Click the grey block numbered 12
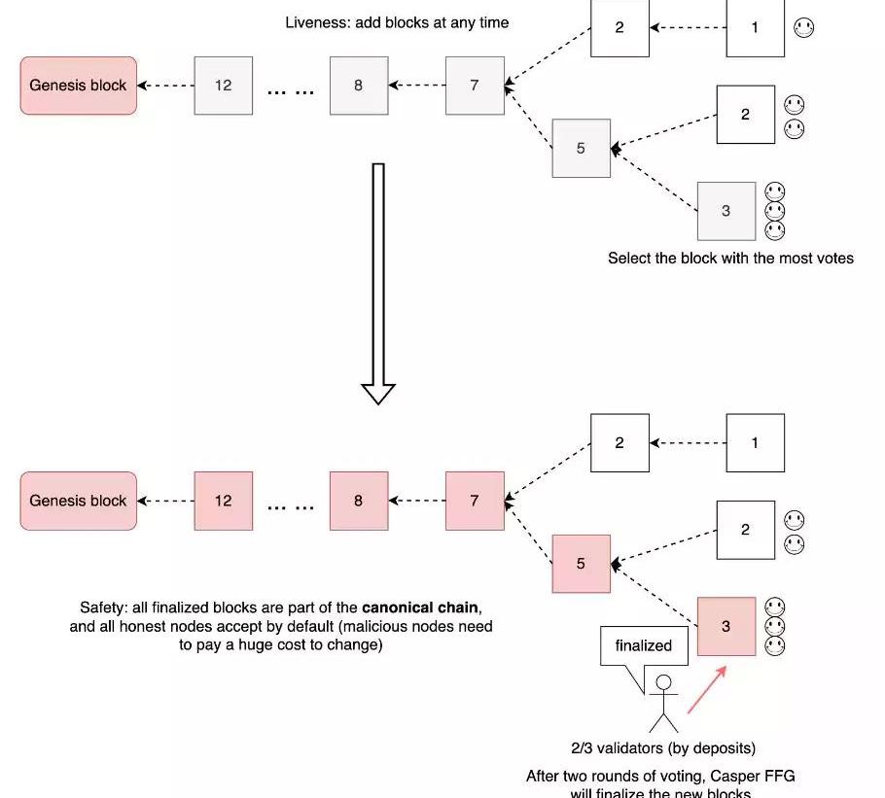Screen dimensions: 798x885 pyautogui.click(x=223, y=86)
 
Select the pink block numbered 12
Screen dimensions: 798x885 pyautogui.click(x=223, y=501)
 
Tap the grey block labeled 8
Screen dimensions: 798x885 pyautogui.click(x=358, y=86)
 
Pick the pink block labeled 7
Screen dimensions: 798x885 pyautogui.click(x=475, y=501)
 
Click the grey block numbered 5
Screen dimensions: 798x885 pyautogui.click(x=581, y=149)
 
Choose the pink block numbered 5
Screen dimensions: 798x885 pyautogui.click(x=581, y=564)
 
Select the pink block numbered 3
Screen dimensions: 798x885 pyautogui.click(x=726, y=627)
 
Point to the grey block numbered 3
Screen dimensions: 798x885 pyautogui.click(x=726, y=211)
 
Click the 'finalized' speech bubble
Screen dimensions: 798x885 pyautogui.click(x=643, y=645)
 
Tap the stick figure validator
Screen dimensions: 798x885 pyautogui.click(x=664, y=703)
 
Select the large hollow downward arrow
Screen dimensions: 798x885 pyautogui.click(x=378, y=282)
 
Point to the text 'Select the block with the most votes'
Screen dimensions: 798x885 pyautogui.click(x=730, y=259)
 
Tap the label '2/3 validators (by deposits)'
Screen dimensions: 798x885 pyautogui.click(x=663, y=748)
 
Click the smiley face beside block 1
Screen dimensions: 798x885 pyautogui.click(x=804, y=28)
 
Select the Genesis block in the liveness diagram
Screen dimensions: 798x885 pyautogui.click(x=78, y=86)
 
